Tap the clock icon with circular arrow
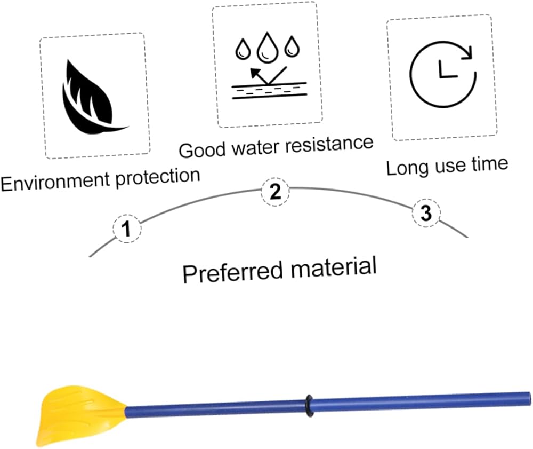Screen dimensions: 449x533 pos(442,74)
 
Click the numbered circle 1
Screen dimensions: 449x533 pos(126,230)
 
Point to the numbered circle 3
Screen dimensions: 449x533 pos(426,213)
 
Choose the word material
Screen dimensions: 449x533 pos(334,265)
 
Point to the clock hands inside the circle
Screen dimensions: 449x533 pos(443,71)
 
